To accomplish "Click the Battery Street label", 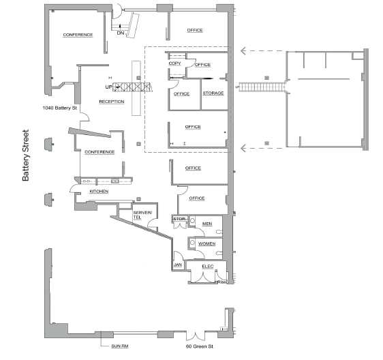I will coord(26,155).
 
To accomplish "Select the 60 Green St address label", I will coord(200,347).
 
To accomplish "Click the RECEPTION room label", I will coord(112,102).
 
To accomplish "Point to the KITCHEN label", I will coord(99,192).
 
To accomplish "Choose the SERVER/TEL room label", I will coord(141,215).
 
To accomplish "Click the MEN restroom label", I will coord(207,223).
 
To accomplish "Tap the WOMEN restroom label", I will coord(207,243).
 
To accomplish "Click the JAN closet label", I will coord(177,265).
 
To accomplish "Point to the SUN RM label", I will coord(120,346).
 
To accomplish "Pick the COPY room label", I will coord(174,63).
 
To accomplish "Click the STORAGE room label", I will coord(213,93).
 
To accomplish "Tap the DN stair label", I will coord(121,32).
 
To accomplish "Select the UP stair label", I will coord(108,87).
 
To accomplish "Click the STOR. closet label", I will coord(179,219).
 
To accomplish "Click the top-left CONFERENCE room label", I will coord(78,35).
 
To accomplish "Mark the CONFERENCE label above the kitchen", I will coord(99,152).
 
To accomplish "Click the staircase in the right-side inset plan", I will coord(260,87).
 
